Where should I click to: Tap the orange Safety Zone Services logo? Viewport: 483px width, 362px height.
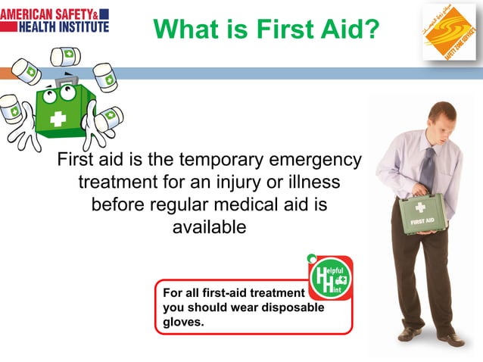tap(449, 33)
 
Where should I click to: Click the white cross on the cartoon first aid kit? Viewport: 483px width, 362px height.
tap(58, 120)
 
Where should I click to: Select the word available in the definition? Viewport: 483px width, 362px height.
tap(210, 226)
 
